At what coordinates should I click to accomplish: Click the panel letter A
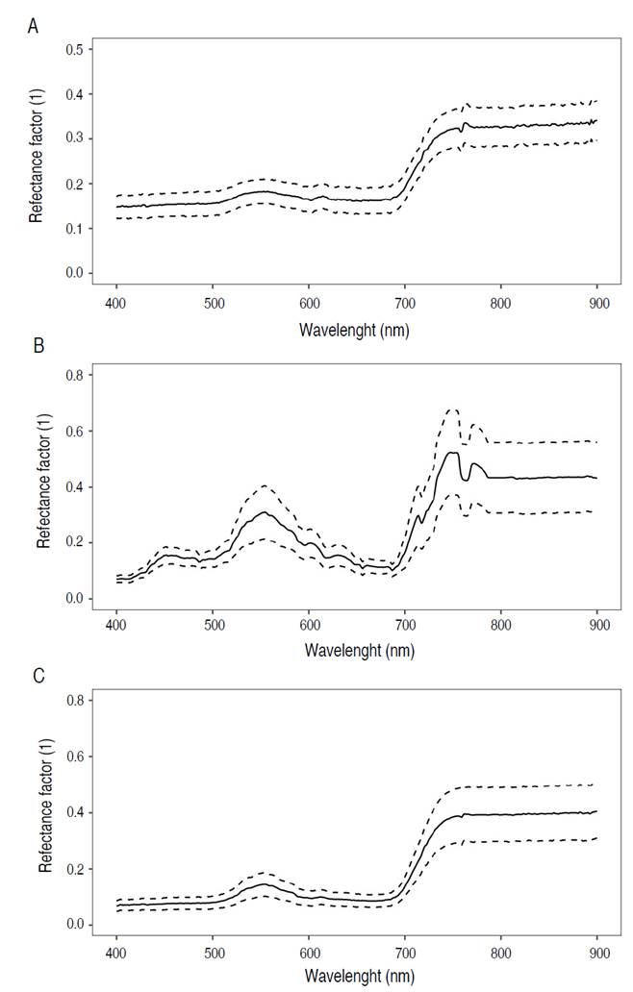[33, 26]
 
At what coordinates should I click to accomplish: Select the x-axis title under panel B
[356, 649]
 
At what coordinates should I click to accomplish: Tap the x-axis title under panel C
[356, 975]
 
